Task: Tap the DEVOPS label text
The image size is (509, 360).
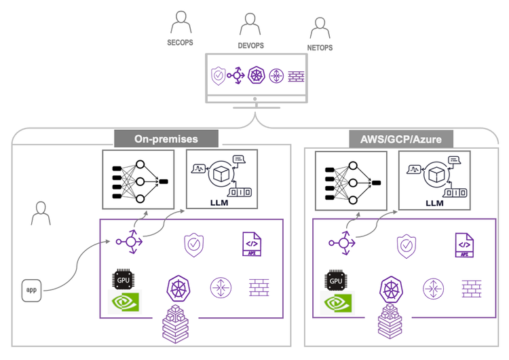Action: (250, 46)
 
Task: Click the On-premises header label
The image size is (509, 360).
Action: (166, 139)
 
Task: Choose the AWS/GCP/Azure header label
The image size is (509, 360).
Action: (400, 139)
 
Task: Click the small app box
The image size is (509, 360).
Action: (31, 289)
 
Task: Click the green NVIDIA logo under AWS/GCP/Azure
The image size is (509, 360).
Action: (337, 304)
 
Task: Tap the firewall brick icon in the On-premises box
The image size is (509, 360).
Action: (259, 287)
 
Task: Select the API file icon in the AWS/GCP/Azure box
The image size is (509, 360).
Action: (464, 245)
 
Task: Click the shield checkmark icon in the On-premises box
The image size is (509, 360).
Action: (193, 244)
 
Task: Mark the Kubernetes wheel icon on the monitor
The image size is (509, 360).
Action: (257, 75)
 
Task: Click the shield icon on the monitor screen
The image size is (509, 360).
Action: (218, 75)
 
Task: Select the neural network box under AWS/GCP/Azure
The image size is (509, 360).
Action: (351, 179)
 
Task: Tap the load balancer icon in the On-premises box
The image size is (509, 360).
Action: (129, 242)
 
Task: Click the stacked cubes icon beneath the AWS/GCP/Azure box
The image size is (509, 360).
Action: (390, 321)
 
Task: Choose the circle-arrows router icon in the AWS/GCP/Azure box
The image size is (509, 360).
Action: (433, 287)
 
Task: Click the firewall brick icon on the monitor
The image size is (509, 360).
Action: (296, 76)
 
